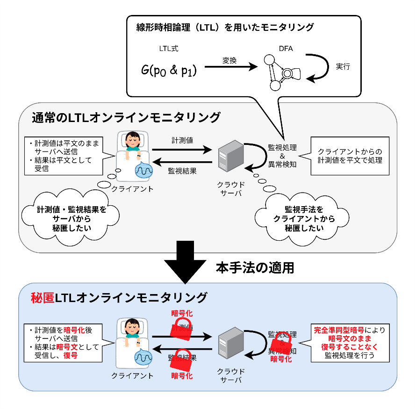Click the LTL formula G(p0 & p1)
click(x=169, y=70)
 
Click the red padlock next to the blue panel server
click(x=281, y=344)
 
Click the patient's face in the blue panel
click(x=132, y=325)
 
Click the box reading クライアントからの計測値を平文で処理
click(x=350, y=156)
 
